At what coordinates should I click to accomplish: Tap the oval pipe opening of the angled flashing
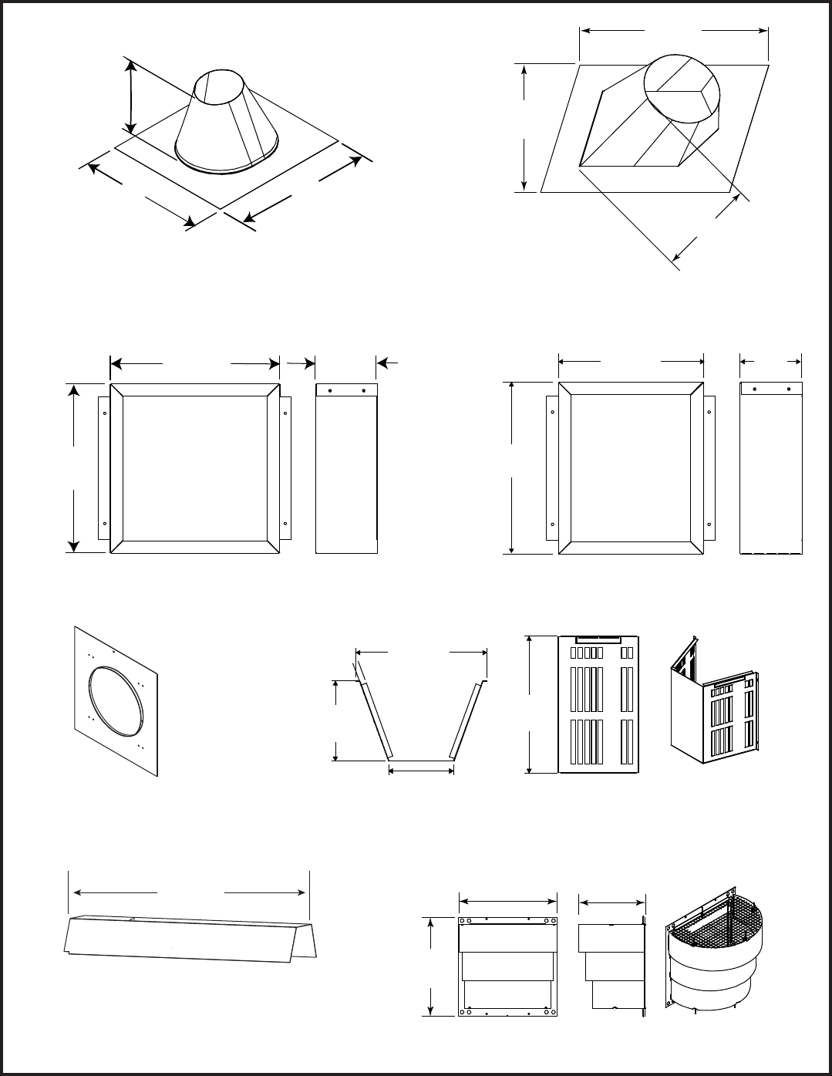683,89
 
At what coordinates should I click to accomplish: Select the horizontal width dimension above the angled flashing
674,31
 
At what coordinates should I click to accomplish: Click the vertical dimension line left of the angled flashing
524,127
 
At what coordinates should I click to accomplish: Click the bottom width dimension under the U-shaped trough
421,769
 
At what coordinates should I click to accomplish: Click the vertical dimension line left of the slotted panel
530,703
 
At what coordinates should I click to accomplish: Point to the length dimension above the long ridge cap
190,892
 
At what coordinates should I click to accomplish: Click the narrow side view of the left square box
346,468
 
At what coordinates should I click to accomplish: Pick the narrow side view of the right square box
770,467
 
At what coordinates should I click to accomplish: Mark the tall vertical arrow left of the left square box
73,468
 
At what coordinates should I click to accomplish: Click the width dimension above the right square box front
631,360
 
